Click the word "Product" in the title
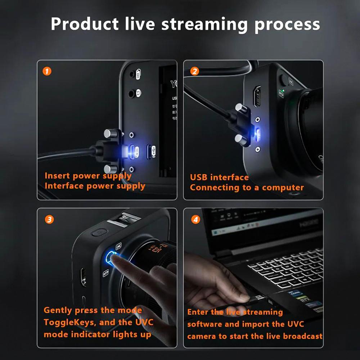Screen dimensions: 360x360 point(85,24)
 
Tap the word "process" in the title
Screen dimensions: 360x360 point(287,24)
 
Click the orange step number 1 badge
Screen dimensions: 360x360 point(47,71)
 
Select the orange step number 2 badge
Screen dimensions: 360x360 point(194,71)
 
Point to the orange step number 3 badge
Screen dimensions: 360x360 point(49,219)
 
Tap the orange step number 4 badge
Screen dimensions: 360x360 point(195,219)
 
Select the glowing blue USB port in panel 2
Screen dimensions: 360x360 point(258,134)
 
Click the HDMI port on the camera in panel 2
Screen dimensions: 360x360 point(257,96)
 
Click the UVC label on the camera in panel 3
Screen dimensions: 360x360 point(118,246)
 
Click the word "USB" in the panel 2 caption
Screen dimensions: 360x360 point(199,177)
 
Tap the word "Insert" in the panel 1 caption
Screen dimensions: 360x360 point(57,176)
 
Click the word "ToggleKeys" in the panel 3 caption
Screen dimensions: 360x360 point(68,322)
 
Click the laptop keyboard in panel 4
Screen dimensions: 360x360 point(284,268)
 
